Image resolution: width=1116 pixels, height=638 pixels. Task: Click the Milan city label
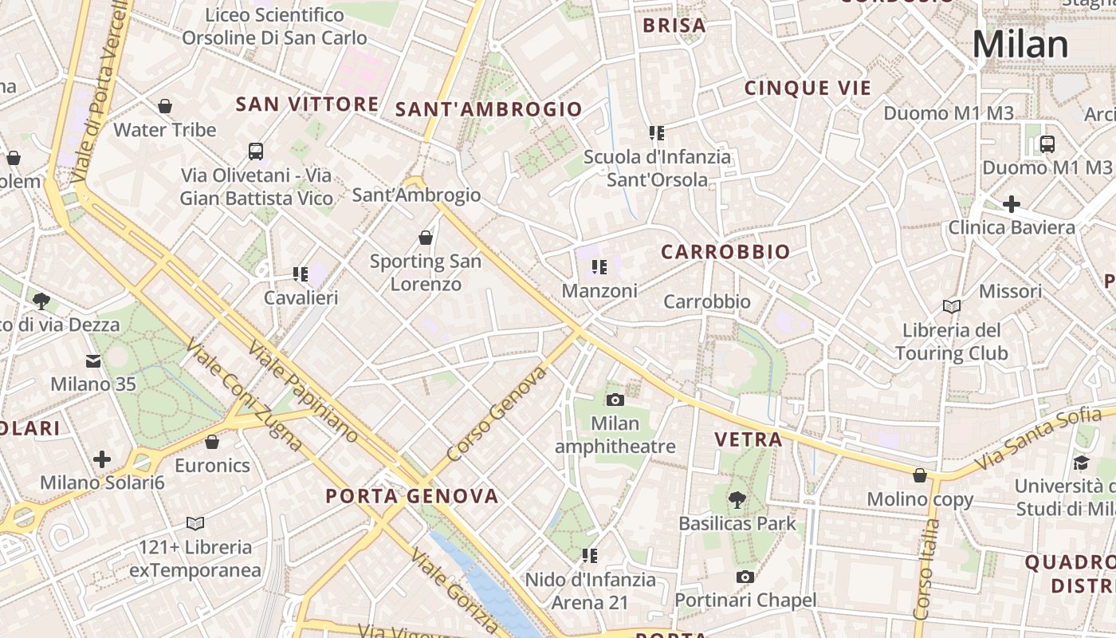[x=1020, y=44]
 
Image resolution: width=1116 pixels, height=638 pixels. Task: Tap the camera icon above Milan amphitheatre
[x=615, y=400]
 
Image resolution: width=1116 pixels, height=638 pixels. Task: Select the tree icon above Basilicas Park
[x=737, y=500]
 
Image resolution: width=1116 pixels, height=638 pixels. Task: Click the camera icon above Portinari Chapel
[x=745, y=577]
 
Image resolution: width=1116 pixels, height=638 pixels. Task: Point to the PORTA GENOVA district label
[x=412, y=496]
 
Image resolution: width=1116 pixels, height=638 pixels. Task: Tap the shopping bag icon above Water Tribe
[x=165, y=106]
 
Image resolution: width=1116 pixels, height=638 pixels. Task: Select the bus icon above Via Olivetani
[x=256, y=151]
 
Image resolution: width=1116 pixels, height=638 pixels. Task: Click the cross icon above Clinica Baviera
[x=1011, y=204]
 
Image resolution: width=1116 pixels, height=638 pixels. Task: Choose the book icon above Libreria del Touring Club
[x=951, y=306]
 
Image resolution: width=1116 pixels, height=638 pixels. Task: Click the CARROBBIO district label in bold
[x=725, y=252]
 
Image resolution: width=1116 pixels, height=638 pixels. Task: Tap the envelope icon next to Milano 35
[x=93, y=361]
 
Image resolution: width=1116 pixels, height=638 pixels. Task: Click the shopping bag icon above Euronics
[x=212, y=442]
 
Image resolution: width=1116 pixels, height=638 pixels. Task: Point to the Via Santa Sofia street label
[x=1044, y=437]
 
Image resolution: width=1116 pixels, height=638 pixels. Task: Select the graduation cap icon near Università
[x=1081, y=463]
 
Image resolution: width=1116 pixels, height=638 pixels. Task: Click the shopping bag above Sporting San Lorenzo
[x=426, y=238]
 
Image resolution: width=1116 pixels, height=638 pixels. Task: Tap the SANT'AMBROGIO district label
[x=489, y=109]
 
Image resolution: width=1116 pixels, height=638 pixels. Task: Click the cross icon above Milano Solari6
[x=102, y=459]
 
